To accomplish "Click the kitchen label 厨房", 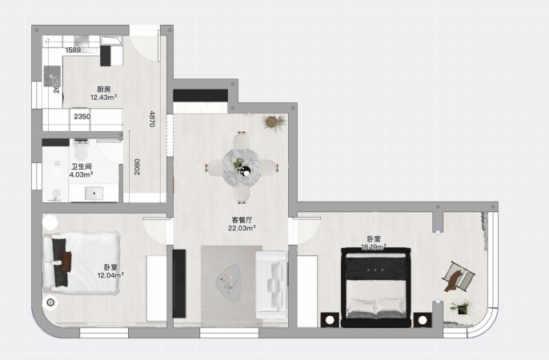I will click(x=103, y=89).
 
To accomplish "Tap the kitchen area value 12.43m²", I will click(x=103, y=98).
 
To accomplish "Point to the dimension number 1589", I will click(x=73, y=50).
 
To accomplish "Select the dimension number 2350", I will click(x=82, y=117).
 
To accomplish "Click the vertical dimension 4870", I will click(x=151, y=119).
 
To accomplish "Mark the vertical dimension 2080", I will click(x=137, y=166).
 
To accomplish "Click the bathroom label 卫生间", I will click(x=81, y=166).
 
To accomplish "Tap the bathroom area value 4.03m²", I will click(x=81, y=174).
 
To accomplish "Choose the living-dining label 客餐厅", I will click(x=242, y=220).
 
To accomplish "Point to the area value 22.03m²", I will click(x=242, y=229).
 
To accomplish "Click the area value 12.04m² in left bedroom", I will click(x=110, y=275).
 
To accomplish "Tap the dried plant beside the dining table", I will click(x=274, y=123).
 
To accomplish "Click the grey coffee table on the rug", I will click(x=229, y=280).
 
